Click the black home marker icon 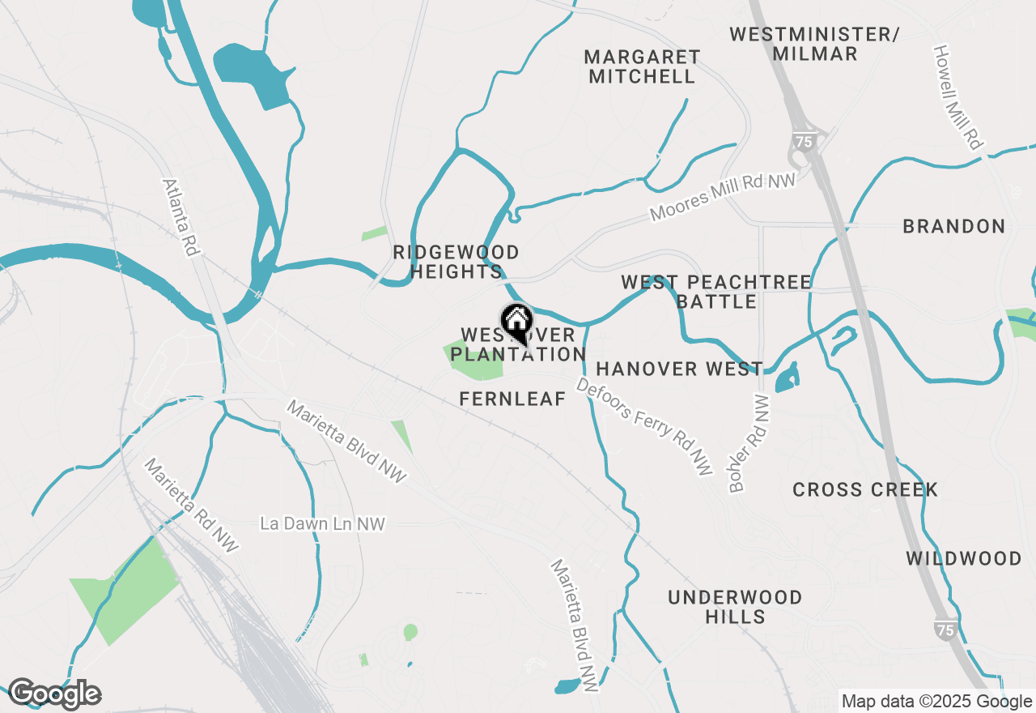point(516,322)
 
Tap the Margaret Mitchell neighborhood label point(642,67)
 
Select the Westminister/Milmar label point(814,44)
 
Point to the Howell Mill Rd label point(957,96)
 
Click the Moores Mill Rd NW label point(723,196)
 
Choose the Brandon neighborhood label point(954,226)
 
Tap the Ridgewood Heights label point(456,262)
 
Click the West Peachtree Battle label point(716,292)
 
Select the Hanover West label point(679,369)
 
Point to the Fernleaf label point(512,399)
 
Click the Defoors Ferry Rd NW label point(644,425)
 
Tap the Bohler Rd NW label point(749,443)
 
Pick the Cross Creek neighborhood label point(865,489)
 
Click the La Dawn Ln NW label point(322,524)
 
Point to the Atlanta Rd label point(181,218)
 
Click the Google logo point(54,694)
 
